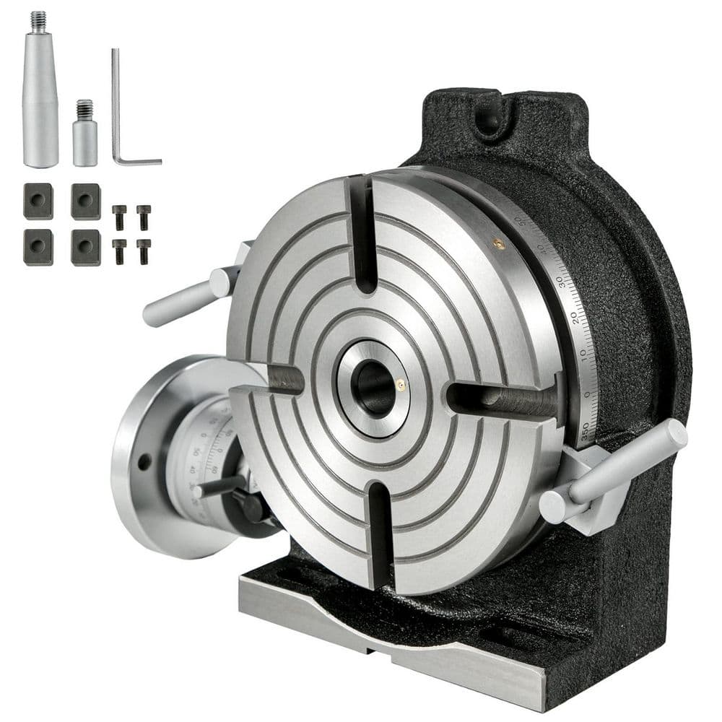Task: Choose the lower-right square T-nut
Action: [85, 248]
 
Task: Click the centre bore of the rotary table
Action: [375, 388]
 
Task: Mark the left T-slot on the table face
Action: [278, 380]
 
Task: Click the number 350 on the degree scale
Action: [585, 431]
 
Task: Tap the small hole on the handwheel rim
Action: [144, 461]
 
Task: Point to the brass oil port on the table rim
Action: [496, 243]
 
